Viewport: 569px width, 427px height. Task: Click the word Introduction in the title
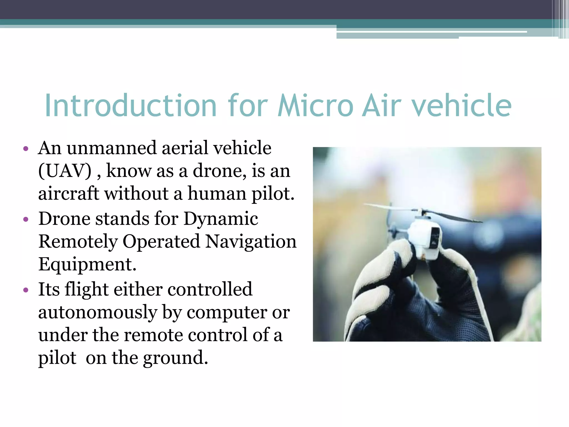131,106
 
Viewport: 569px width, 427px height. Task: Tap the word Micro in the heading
316,106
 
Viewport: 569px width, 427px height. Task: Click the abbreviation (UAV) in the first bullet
65,171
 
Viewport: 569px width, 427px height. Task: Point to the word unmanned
112,148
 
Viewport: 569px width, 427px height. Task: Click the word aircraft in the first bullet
69,193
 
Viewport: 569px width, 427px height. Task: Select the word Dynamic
221,219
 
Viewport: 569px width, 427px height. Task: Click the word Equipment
87,264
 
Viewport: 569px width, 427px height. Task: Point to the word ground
175,358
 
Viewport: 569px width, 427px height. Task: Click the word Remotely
78,241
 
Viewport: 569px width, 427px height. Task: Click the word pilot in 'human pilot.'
273,193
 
